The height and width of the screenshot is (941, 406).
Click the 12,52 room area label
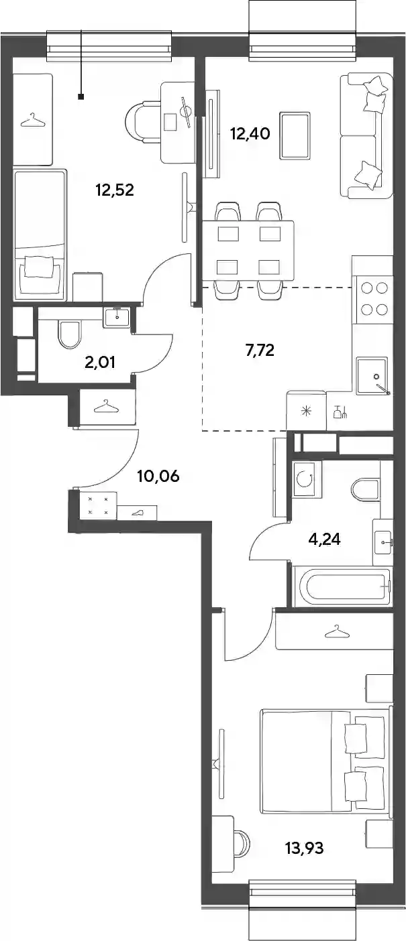[115, 190]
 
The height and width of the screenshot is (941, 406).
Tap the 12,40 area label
[250, 133]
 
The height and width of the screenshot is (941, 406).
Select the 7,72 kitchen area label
[259, 349]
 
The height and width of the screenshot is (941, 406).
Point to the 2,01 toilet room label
[100, 362]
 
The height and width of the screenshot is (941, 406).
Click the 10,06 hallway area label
[158, 476]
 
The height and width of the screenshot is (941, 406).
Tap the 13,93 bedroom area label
[305, 848]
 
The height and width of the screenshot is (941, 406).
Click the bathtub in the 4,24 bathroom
[342, 586]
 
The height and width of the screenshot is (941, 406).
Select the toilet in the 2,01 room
[69, 334]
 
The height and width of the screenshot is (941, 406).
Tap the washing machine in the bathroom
[306, 478]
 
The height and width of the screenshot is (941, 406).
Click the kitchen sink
[372, 375]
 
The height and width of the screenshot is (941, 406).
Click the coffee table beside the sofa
[295, 135]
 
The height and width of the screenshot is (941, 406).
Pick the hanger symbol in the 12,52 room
[33, 121]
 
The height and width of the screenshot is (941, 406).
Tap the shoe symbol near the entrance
[137, 513]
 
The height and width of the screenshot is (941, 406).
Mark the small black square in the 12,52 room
[81, 97]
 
